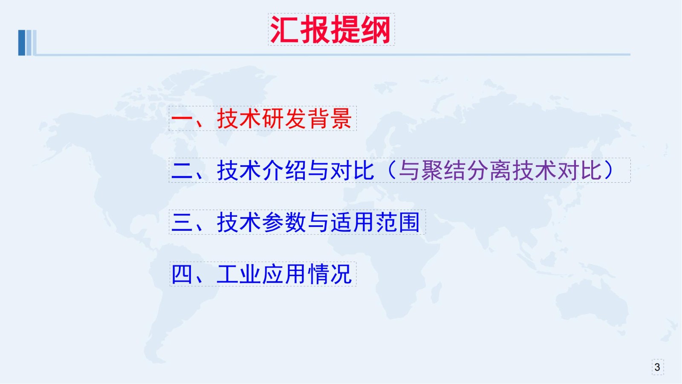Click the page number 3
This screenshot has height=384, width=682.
coord(657,367)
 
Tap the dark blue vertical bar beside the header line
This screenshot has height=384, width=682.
coord(22,43)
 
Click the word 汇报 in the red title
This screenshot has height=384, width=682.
coord(300,29)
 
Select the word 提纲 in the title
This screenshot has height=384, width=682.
coord(360,29)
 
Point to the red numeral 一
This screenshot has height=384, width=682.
coord(182,119)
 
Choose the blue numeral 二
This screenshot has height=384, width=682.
coord(182,171)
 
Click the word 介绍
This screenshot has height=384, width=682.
coord(284,170)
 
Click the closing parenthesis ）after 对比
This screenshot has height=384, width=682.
coord(609,170)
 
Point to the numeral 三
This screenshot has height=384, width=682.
coord(182,222)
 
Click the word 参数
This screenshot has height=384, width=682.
coord(284,222)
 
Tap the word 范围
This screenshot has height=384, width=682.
coord(398,222)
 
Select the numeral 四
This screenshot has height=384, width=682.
coord(182,274)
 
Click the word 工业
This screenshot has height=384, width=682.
coord(239,274)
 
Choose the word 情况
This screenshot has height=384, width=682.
coord(330,274)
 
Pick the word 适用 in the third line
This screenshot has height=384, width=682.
coord(353,222)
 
